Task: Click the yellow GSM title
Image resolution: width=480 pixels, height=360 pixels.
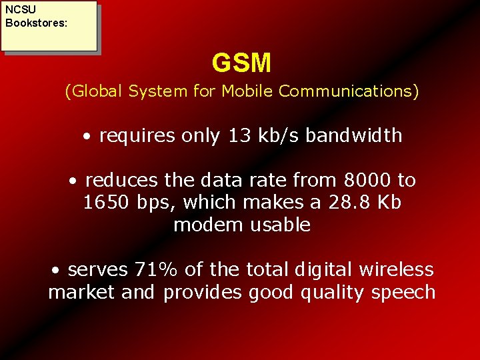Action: tap(241, 63)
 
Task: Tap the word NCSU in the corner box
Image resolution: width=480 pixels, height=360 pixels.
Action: tap(21, 9)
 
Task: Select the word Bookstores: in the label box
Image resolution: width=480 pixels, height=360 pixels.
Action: tap(36, 22)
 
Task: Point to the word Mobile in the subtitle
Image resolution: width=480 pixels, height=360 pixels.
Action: tap(248, 91)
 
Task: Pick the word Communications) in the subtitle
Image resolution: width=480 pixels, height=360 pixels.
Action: tap(349, 91)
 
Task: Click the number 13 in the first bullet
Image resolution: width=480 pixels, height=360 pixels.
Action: tap(240, 136)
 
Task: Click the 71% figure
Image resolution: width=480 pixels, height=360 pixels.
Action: tap(157, 270)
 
